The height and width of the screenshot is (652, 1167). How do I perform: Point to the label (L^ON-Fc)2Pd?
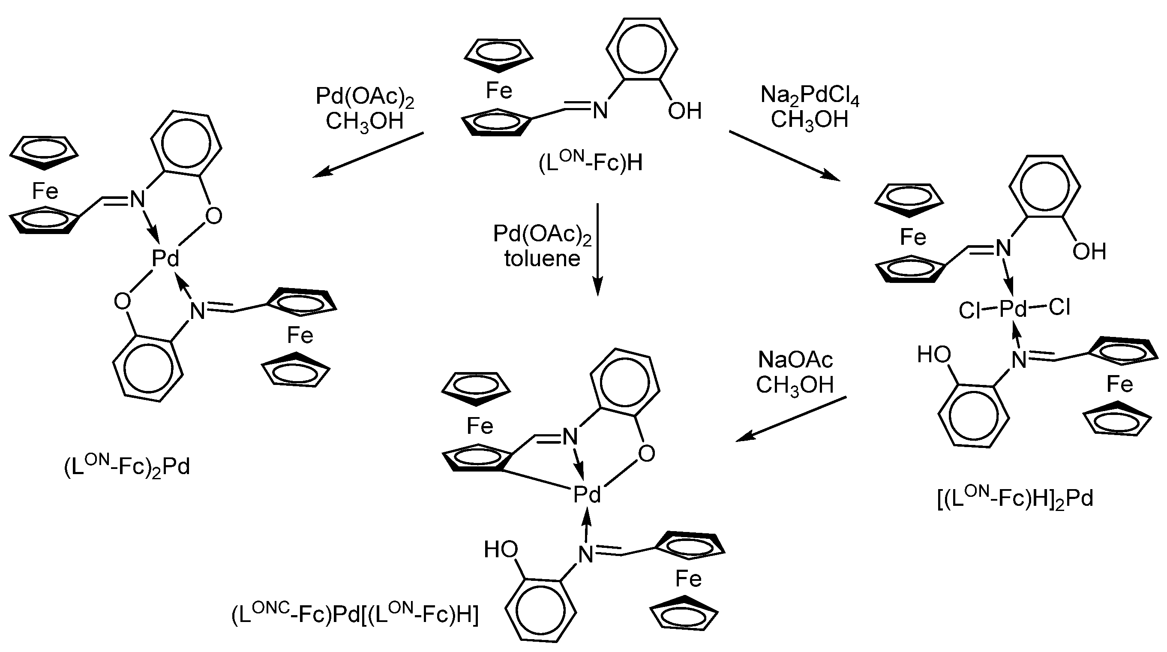[x=127, y=467]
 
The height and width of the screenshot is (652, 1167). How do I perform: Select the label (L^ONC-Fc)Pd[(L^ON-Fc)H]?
[x=355, y=615]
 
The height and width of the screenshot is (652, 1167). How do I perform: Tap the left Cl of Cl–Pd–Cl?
[x=969, y=311]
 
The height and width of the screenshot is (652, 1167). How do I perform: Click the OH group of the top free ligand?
[x=684, y=111]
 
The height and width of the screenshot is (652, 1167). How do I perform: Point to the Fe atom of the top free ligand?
[x=499, y=90]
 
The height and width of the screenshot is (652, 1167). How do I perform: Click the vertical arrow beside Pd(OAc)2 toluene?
[x=597, y=249]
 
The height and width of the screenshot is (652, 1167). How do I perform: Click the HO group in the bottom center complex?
[x=501, y=550]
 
